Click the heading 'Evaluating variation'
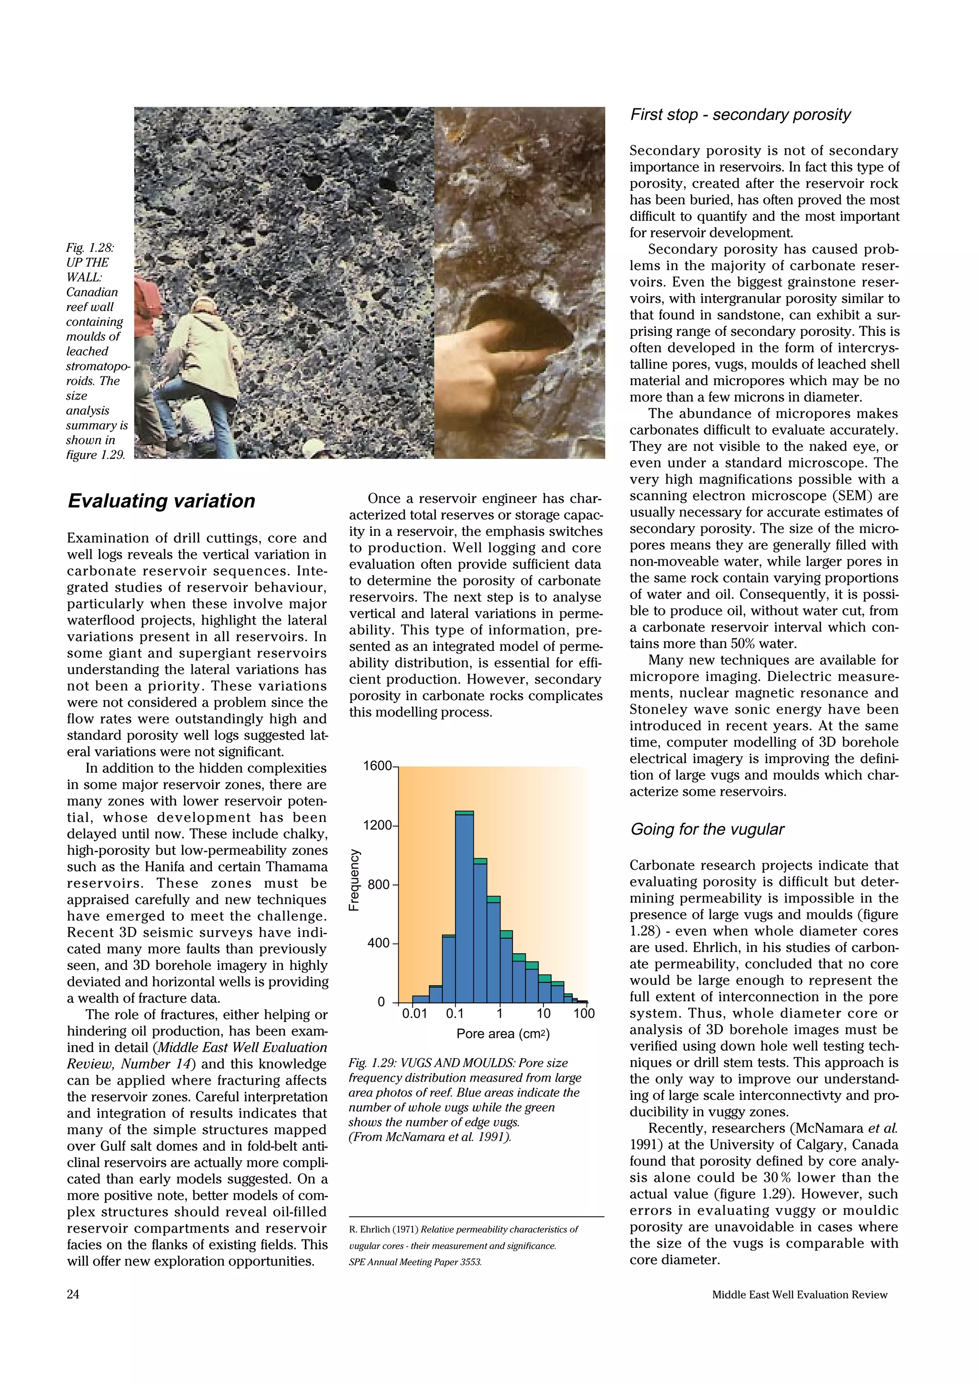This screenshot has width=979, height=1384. point(161,501)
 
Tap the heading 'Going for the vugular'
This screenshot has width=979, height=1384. point(707,830)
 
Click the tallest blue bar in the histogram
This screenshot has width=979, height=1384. point(464,904)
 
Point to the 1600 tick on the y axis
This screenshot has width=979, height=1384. point(377,766)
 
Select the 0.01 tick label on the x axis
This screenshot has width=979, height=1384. point(414,1013)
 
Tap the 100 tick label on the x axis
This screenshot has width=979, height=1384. point(583,1013)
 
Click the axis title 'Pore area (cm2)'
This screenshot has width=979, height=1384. point(502,1034)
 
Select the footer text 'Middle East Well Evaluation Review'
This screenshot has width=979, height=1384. point(799,1294)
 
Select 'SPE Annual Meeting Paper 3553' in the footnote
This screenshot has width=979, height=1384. point(415,1262)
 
